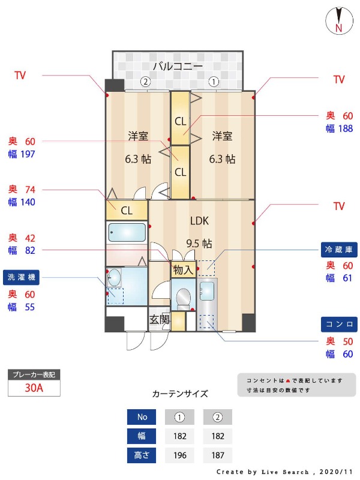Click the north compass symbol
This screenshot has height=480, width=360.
pos(338,22)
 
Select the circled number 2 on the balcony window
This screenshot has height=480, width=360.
pos(145,82)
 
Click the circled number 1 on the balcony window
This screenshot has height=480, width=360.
pos(213,82)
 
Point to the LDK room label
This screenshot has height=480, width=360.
pos(199,221)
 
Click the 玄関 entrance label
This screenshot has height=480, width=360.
pos(160,319)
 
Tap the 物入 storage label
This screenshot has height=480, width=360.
pos(183,271)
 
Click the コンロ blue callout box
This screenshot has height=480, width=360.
pos(338,325)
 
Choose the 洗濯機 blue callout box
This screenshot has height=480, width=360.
pos(21,278)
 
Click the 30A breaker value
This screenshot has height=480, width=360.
pos(34,388)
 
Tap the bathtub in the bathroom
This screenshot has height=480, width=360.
pos(127,233)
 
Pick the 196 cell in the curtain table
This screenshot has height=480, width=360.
pos(180,455)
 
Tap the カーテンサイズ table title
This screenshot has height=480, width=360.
pos(180,394)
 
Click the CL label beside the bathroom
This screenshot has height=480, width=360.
pos(127,211)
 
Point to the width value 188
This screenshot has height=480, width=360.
pos(344,128)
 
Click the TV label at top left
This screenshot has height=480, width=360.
pos(20,76)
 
